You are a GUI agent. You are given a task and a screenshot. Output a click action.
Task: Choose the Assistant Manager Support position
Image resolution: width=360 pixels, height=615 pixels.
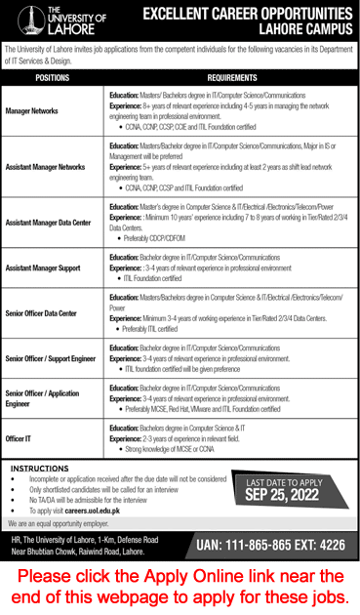tap(43, 266)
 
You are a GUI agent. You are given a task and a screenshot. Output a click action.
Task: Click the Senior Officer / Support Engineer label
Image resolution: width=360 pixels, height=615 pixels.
tap(49, 358)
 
